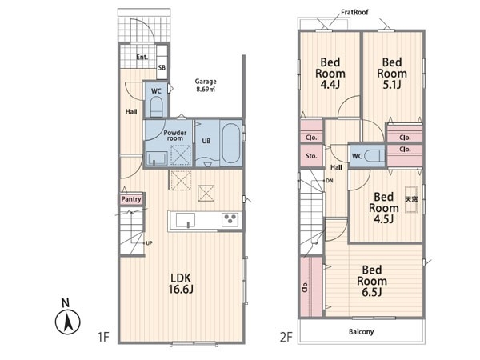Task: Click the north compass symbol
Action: (68, 318)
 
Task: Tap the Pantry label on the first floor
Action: (131, 199)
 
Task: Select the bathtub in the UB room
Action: (230, 143)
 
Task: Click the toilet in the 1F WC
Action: (157, 106)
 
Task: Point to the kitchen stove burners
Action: (230, 220)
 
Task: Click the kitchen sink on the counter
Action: (186, 221)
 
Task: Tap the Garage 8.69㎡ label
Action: (206, 86)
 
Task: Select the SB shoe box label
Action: (162, 67)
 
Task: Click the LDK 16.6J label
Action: (181, 283)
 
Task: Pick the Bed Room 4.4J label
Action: (330, 73)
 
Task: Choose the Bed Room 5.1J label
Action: (392, 73)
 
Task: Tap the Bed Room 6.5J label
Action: (372, 281)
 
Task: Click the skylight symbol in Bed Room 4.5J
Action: (411, 199)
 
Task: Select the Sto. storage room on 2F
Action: (311, 155)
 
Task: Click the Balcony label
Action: (362, 331)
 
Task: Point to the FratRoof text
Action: (354, 12)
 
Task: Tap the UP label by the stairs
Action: (149, 243)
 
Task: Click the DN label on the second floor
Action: (330, 181)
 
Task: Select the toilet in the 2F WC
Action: (374, 156)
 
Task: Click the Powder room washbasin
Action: (157, 159)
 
